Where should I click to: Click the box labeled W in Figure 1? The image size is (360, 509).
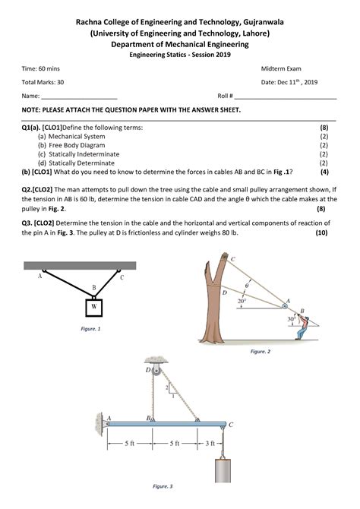(x=94, y=307)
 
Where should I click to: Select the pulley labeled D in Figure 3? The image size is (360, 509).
(x=156, y=370)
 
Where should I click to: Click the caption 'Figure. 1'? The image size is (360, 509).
(x=90, y=328)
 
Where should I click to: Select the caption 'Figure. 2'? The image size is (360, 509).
(x=260, y=352)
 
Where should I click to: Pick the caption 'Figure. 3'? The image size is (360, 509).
(x=163, y=485)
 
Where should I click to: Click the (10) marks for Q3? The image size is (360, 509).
(x=321, y=232)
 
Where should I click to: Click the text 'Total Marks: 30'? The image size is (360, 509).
(x=43, y=81)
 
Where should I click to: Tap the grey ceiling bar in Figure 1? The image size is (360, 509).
(x=80, y=265)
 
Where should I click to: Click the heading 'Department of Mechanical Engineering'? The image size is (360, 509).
(x=179, y=44)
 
